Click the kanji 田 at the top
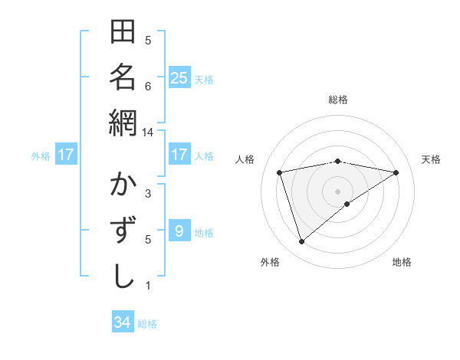123,33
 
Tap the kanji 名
123,77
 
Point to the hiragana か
123,186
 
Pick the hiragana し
123,275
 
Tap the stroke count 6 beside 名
148,86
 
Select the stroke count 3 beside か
148,193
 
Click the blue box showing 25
179,78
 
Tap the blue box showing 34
123,322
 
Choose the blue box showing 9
179,231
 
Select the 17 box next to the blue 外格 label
66,155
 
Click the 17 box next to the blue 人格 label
179,155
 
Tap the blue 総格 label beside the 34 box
147,324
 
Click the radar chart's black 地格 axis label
402,263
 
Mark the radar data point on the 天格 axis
396,172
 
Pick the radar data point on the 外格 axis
301,242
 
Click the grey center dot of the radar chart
337,191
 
